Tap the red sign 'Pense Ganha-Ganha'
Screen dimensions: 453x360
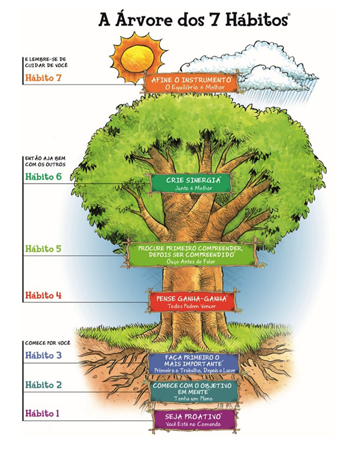click(192, 302)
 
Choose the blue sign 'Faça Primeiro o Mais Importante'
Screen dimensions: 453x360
click(193, 363)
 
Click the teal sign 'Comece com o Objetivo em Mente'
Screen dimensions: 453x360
click(193, 392)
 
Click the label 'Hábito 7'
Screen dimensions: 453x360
click(43, 78)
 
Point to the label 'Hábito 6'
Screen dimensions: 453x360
click(43, 177)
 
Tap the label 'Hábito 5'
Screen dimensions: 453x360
click(43, 249)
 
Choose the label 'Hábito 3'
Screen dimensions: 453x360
click(43, 356)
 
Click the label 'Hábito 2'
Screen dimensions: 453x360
click(43, 385)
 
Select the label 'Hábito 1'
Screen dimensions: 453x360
click(43, 413)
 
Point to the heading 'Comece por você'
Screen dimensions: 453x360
click(46, 342)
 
